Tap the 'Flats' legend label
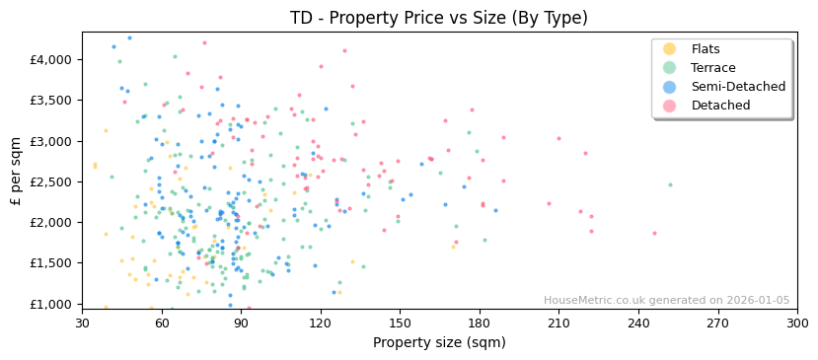point(706,49)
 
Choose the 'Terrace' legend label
point(711,68)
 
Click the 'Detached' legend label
point(720,106)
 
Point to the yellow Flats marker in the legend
point(670,49)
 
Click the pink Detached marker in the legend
point(670,106)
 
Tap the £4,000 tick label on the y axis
point(51,60)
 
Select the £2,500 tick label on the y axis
point(51,182)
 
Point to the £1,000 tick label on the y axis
point(51,305)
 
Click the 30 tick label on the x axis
point(82,323)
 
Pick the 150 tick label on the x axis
point(400,323)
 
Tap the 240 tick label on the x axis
point(638,323)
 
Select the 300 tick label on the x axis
point(797,323)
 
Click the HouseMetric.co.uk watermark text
point(666,301)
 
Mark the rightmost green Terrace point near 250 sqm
point(670,184)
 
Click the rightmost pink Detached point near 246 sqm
point(654,234)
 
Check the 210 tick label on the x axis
point(558,323)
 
